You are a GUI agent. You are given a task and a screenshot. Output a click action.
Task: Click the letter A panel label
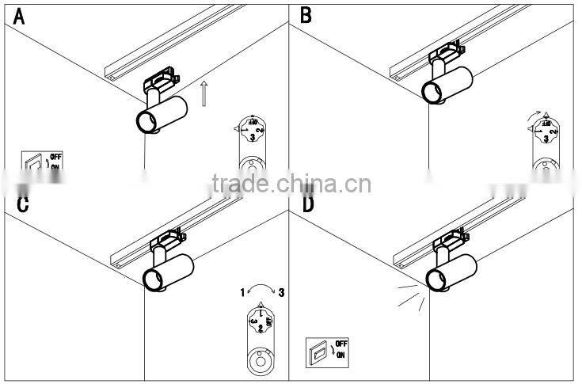point(17,15)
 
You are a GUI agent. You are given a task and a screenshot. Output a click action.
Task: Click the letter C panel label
point(22,204)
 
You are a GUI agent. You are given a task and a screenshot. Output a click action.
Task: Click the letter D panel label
point(308,204)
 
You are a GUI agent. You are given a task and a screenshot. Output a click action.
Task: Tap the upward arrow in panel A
point(204,93)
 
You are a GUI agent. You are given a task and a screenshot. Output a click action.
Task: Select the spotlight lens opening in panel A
point(146,123)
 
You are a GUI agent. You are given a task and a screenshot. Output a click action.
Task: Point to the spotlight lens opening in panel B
point(433,92)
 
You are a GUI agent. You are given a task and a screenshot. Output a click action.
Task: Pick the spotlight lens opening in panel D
point(435,279)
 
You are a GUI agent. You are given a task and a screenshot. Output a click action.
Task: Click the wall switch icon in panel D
point(318,353)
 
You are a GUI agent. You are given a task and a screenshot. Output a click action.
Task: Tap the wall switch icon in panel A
point(34,162)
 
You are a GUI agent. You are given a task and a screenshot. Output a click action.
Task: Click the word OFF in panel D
point(341,344)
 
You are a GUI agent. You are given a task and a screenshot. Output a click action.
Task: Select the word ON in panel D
point(341,355)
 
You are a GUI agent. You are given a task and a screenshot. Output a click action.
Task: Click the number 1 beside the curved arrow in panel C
point(242,293)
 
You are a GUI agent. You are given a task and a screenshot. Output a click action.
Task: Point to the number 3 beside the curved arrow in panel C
point(281,293)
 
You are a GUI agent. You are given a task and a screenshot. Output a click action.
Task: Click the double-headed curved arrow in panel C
point(261,291)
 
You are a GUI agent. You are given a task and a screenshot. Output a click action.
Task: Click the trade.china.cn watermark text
point(291,184)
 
